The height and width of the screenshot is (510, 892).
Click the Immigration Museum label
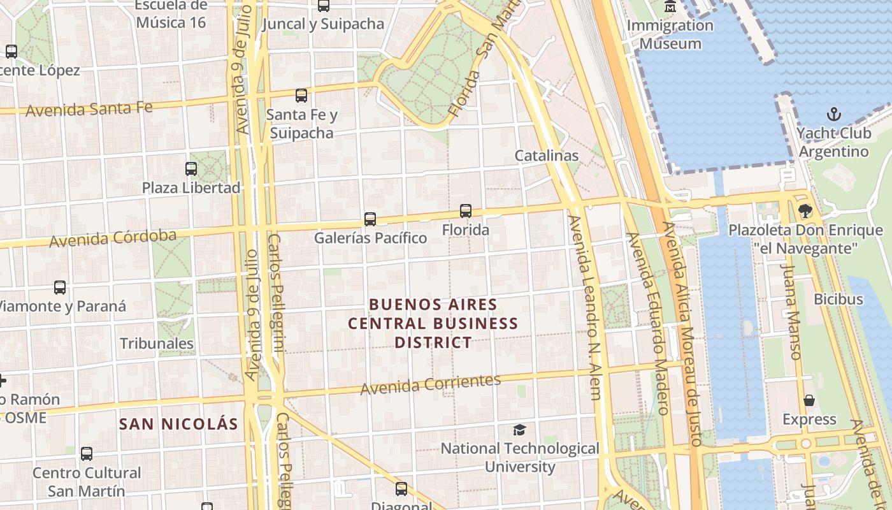click(670, 34)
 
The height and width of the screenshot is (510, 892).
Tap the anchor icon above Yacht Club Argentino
click(833, 115)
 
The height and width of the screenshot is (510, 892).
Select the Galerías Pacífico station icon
click(370, 219)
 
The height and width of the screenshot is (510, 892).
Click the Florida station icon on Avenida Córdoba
click(466, 211)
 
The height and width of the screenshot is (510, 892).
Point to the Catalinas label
click(547, 156)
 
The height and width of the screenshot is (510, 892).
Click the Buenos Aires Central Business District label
click(433, 323)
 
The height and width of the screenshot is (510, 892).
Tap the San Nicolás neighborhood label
click(178, 424)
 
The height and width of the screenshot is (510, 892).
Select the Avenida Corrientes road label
click(431, 384)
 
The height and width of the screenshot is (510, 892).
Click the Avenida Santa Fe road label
click(89, 109)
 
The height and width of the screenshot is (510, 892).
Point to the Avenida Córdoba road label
click(113, 238)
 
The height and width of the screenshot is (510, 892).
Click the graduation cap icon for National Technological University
click(520, 430)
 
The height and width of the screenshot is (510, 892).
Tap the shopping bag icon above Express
click(809, 400)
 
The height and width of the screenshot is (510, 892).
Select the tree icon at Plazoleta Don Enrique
click(805, 210)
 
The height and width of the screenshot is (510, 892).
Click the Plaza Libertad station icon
click(191, 169)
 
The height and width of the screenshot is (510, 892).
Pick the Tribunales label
click(157, 344)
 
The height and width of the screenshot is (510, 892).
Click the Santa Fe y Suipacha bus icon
click(301, 96)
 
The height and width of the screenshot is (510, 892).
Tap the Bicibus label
click(838, 299)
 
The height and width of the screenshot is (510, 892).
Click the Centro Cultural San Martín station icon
click(87, 454)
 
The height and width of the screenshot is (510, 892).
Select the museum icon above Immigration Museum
click(670, 7)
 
